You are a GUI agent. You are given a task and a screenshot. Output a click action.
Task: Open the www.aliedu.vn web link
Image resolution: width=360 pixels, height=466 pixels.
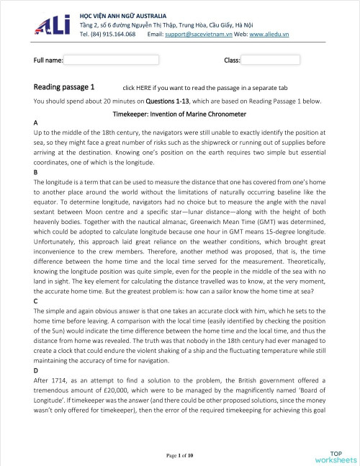point(269,34)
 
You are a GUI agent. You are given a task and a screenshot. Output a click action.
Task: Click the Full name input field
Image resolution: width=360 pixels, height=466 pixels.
point(112,60)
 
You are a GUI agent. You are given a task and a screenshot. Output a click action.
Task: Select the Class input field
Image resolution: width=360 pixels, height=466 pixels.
point(269,60)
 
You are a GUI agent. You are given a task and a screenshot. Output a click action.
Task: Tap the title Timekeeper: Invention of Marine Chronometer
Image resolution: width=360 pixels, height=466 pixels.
point(180,115)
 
